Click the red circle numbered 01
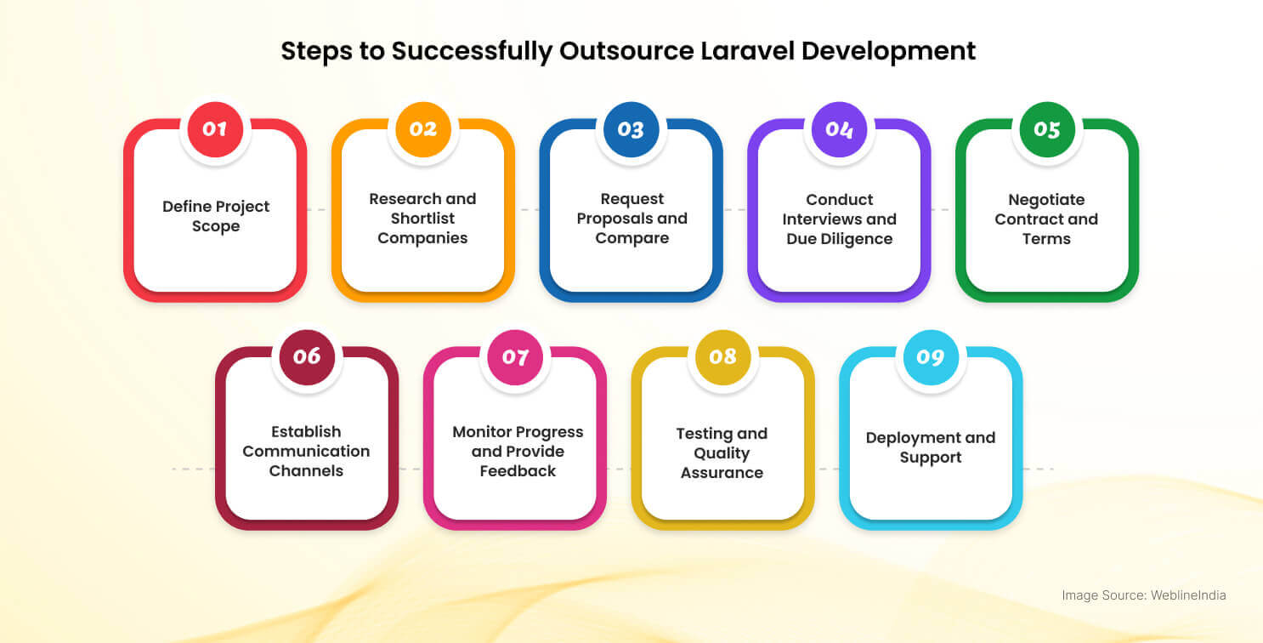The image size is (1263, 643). click(x=215, y=129)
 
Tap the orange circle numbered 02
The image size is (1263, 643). click(x=423, y=129)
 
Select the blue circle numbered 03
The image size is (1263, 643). click(x=631, y=129)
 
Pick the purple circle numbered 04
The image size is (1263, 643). click(x=839, y=129)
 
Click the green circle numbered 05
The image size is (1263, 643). click(x=1047, y=129)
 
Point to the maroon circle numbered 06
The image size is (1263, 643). click(x=307, y=356)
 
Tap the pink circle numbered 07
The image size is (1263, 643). click(x=515, y=356)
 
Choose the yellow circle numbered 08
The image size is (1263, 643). click(x=722, y=356)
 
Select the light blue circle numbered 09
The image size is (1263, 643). click(x=931, y=356)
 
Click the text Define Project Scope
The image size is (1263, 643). click(x=215, y=217)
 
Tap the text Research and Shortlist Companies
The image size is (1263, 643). click(x=422, y=219)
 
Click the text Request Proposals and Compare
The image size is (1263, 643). click(x=631, y=219)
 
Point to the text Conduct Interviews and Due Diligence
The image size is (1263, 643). click(x=839, y=219)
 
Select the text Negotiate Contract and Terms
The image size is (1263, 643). click(x=1046, y=219)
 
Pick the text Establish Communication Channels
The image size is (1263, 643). click(x=306, y=451)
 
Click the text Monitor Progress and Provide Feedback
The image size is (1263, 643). click(x=518, y=451)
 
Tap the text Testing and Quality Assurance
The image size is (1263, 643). click(x=722, y=452)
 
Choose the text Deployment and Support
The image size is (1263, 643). click(x=930, y=447)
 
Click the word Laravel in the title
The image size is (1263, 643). click(x=747, y=51)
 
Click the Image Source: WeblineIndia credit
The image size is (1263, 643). click(x=1143, y=595)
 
